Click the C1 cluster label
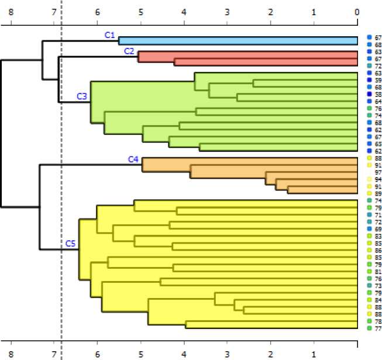(109, 35)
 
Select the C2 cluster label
(129, 51)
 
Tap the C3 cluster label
(82, 95)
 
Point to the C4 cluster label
(133, 158)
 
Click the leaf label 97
(377, 172)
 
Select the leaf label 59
(377, 80)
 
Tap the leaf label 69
(377, 229)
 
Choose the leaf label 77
(377, 328)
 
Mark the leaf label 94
(377, 179)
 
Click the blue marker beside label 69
(369, 229)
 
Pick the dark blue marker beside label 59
(369, 80)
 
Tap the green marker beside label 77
(369, 328)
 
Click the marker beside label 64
(369, 102)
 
